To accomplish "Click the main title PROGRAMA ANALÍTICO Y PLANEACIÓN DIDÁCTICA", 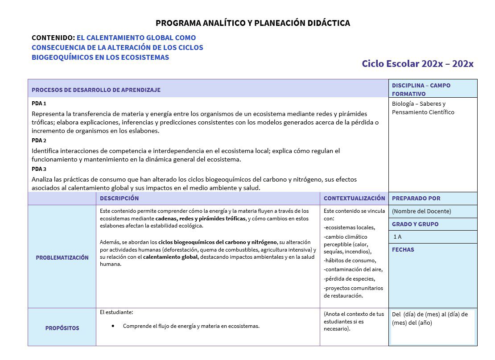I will point(253,23).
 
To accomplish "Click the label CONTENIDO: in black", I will point(53,38).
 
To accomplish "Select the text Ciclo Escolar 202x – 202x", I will point(417,64).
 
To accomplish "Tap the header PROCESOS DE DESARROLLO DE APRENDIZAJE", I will point(96,90).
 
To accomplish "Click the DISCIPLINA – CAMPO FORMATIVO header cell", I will point(421,89).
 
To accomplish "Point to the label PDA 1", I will point(39,103).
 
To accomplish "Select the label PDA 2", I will point(39,141).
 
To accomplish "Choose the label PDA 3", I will point(39,169).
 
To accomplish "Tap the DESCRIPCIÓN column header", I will point(119,198).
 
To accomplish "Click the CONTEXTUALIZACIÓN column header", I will point(354,198).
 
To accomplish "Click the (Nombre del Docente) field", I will point(421,211).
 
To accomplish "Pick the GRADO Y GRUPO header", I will point(415,224).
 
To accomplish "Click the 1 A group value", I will point(397,237).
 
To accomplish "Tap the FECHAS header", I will point(403,250).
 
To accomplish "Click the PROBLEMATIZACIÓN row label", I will point(62,257).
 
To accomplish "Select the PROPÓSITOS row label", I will point(62,328).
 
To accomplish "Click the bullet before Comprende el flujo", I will point(113,326).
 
